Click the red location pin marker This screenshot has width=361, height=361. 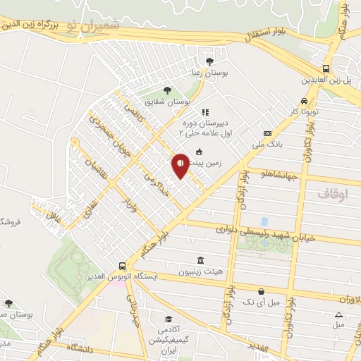(180, 164)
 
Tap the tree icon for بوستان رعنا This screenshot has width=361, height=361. (209, 61)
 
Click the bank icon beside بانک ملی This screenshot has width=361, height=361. (267, 133)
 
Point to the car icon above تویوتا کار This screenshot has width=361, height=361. (304, 100)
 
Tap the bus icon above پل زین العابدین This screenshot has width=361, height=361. (326, 69)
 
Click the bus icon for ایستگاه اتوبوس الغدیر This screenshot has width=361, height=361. (123, 266)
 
